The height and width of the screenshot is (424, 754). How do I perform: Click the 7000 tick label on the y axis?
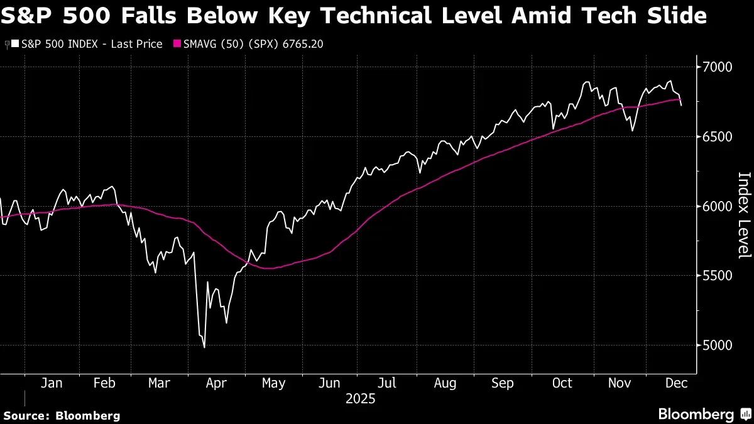click(718, 67)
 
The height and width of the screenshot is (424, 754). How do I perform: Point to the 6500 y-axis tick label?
click(718, 136)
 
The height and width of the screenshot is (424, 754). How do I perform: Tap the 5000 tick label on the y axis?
click(718, 345)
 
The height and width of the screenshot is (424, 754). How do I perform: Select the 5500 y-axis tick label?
click(718, 276)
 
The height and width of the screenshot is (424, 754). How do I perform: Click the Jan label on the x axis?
click(52, 383)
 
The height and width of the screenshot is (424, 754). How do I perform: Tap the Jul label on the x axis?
click(387, 383)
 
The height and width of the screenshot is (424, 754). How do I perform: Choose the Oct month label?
click(562, 383)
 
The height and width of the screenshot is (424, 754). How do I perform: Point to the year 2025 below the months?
click(360, 399)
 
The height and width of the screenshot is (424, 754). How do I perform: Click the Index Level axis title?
click(744, 215)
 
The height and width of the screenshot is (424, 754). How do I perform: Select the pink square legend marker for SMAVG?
click(177, 44)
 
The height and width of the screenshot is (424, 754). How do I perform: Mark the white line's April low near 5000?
click(204, 347)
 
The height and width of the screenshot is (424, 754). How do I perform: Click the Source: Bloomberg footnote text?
click(62, 415)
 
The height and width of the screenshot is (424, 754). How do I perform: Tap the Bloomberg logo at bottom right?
click(696, 414)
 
